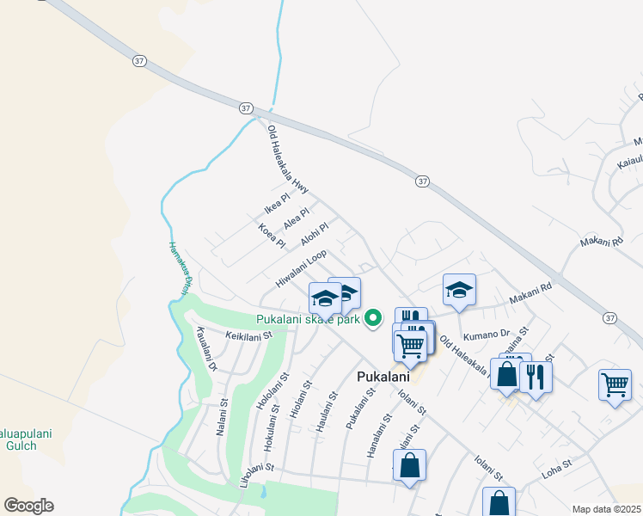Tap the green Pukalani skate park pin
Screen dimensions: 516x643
click(x=373, y=318)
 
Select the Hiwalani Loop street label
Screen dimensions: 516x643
click(x=301, y=268)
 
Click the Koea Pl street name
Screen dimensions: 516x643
click(x=271, y=236)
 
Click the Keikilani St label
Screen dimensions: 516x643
click(x=248, y=335)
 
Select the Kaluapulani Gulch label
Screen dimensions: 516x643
click(x=26, y=440)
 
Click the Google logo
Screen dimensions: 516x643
click(x=28, y=506)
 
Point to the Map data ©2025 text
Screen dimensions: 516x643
click(x=605, y=509)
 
